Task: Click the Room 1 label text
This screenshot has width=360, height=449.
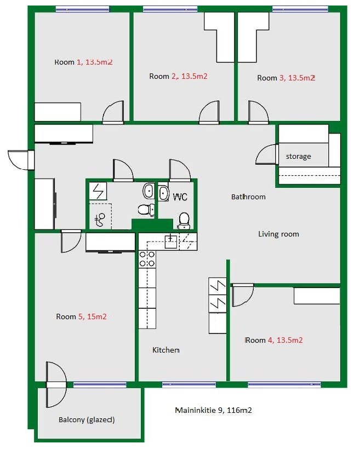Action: (x=83, y=62)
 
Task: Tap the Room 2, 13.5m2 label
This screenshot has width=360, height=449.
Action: (x=178, y=76)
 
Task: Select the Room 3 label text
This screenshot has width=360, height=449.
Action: (x=286, y=78)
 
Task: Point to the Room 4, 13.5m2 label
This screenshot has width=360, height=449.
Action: (x=274, y=340)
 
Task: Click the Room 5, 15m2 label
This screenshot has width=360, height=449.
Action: (x=82, y=316)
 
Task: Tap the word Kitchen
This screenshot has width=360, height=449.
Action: (x=166, y=350)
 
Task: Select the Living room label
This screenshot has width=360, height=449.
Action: (x=278, y=234)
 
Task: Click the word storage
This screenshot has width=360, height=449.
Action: (x=299, y=157)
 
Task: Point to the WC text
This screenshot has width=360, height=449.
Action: (x=180, y=197)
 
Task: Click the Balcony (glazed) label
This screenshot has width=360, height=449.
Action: (x=87, y=420)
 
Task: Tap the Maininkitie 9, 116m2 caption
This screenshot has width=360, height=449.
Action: (x=214, y=410)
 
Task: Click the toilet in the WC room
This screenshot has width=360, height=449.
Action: (x=184, y=221)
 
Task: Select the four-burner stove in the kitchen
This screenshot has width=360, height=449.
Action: (x=147, y=259)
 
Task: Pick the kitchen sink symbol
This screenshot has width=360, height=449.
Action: (x=171, y=241)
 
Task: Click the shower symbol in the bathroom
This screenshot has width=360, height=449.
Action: (x=100, y=220)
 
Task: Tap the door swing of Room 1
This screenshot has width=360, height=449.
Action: (x=113, y=112)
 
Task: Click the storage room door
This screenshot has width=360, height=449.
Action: (x=267, y=154)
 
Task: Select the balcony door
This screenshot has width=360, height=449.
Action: (x=56, y=384)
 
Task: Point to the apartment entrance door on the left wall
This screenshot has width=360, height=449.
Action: (x=21, y=160)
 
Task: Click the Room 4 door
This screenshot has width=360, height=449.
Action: (x=243, y=295)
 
